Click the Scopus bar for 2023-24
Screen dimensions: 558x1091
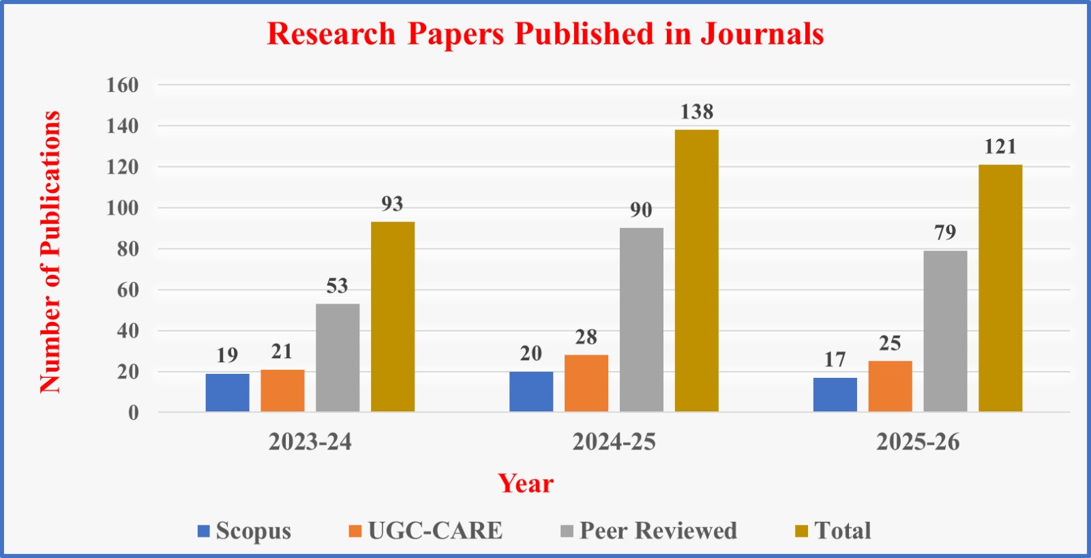click(227, 392)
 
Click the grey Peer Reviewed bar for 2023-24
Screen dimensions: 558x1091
click(338, 357)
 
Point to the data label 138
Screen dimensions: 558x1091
click(696, 112)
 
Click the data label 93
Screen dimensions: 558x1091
click(392, 204)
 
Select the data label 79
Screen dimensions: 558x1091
click(945, 233)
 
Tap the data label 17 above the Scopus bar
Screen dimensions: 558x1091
click(835, 359)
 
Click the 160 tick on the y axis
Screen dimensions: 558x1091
click(122, 85)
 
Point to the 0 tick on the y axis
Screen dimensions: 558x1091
click(133, 413)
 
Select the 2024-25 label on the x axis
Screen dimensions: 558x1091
click(614, 442)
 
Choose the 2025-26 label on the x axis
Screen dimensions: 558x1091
click(918, 442)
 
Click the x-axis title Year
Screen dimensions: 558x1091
click(526, 483)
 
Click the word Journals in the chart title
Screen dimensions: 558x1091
click(762, 34)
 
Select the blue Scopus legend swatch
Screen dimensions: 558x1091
click(203, 531)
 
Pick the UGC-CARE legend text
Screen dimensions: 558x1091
click(435, 531)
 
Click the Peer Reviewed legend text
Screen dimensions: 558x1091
click(658, 531)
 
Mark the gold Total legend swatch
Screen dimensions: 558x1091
click(801, 531)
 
